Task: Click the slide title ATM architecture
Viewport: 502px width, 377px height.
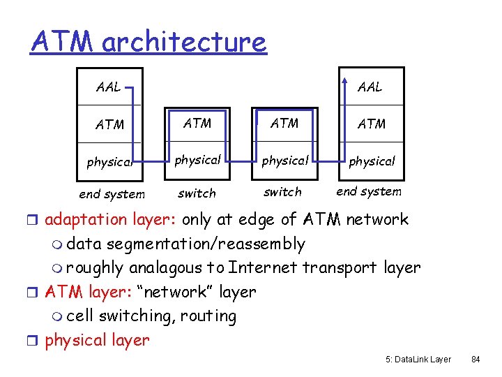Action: pos(149,42)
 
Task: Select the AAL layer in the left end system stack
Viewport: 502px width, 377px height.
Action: pos(108,87)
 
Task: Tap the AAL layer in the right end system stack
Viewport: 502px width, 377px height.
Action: pos(370,87)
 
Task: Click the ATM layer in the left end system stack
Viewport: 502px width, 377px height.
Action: pos(109,125)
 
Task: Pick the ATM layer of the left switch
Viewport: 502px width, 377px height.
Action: pos(197,124)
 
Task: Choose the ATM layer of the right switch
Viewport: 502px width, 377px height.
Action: pos(284,124)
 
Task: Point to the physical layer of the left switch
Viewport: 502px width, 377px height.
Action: pos(197,160)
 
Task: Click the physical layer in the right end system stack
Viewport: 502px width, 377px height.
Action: pos(372,161)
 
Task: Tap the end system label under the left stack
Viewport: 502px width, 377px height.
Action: pos(112,194)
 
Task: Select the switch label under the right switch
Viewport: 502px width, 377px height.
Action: pos(282,192)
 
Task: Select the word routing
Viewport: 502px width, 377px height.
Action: pos(208,316)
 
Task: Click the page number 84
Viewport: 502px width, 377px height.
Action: pos(476,360)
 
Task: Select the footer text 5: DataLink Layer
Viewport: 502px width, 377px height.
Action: pos(418,360)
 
